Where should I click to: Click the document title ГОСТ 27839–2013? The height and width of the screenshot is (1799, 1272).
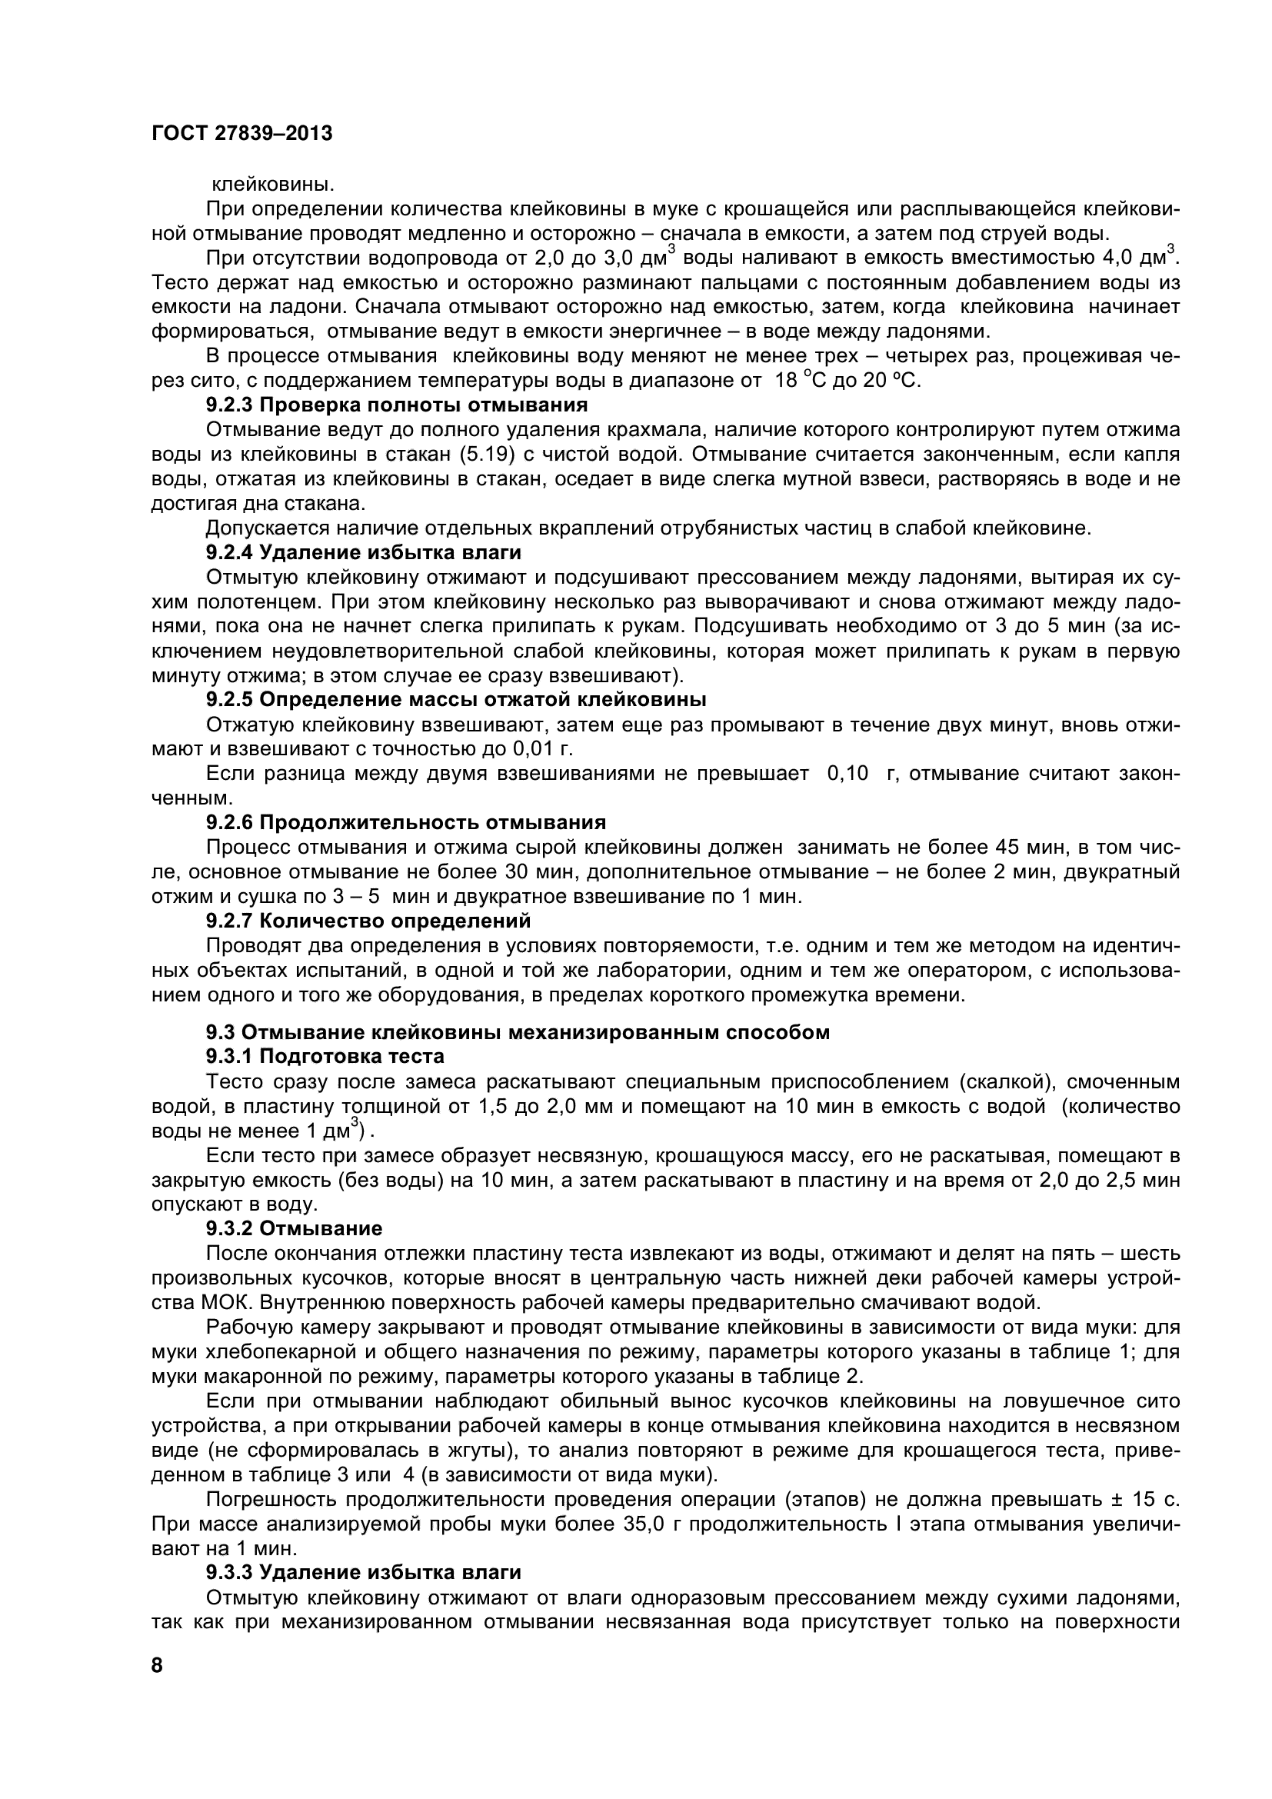pyautogui.click(x=242, y=133)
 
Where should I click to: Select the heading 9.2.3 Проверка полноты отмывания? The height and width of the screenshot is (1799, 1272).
pyautogui.click(x=396, y=405)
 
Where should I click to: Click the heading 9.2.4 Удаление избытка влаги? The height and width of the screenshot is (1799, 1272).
pyautogui.click(x=364, y=552)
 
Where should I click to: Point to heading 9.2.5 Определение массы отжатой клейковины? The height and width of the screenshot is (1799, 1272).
pyautogui.click(x=456, y=699)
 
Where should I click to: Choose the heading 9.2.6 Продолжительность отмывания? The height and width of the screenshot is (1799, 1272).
pyautogui.click(x=406, y=822)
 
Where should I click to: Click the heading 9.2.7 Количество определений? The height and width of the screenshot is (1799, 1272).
pyautogui.click(x=368, y=920)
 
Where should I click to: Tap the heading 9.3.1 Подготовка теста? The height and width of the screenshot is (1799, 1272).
pyautogui.click(x=325, y=1056)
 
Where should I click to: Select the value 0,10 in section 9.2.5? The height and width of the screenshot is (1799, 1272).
pyautogui.click(x=848, y=773)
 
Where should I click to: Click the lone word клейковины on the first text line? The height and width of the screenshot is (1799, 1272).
pyautogui.click(x=273, y=185)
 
